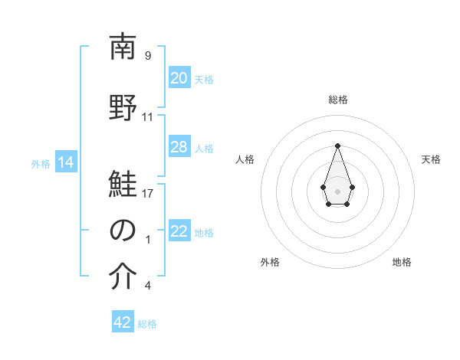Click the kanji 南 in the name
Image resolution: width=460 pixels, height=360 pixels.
(x=123, y=47)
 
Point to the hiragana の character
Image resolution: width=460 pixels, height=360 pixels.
(x=123, y=231)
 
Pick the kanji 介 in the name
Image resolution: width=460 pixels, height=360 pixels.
(x=123, y=277)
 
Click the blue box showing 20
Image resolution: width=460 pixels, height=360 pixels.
(x=179, y=78)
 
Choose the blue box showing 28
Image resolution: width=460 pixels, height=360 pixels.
(x=179, y=147)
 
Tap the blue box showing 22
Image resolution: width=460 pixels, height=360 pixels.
(x=179, y=232)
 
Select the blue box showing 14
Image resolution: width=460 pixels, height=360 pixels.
(x=66, y=162)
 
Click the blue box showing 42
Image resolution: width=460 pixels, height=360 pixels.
(x=123, y=322)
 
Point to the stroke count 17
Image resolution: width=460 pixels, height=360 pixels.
(x=148, y=193)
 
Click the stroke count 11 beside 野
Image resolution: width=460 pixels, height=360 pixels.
(x=148, y=117)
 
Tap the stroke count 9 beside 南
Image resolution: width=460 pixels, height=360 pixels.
(x=148, y=56)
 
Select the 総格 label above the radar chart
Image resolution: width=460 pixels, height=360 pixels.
(x=337, y=100)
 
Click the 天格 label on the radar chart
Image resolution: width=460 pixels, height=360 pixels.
(x=431, y=159)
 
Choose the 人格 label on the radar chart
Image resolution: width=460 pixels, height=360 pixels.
(x=245, y=159)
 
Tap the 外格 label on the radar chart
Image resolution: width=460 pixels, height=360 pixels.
(x=270, y=262)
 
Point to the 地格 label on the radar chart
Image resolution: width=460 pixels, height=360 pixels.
(x=402, y=262)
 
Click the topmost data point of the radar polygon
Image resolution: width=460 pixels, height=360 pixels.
(x=337, y=145)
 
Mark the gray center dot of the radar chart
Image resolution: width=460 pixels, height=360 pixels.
(x=337, y=190)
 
